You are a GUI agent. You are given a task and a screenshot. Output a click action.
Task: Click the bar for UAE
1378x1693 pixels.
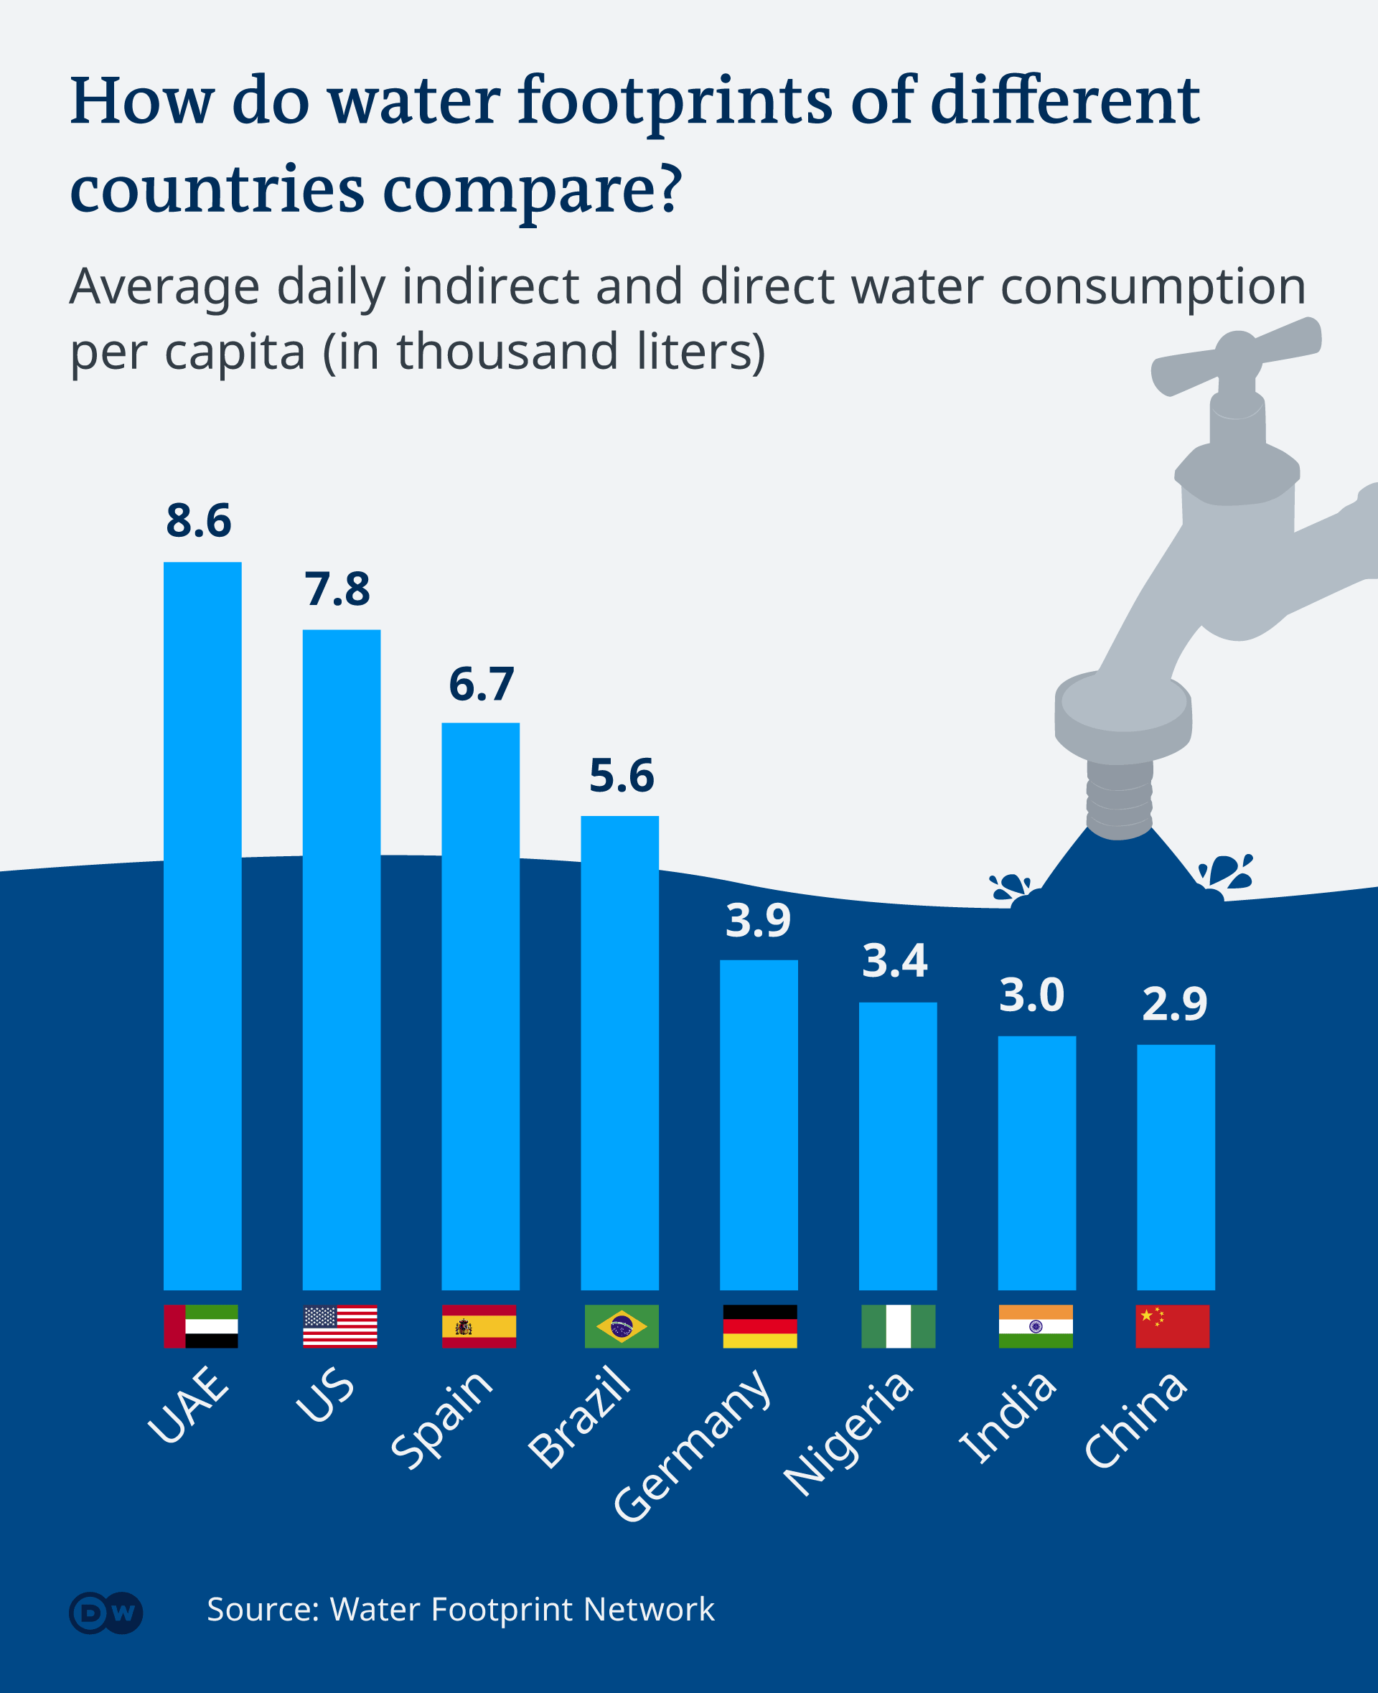[x=202, y=926]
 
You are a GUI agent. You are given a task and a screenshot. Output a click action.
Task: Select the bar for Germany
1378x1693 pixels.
[x=759, y=1125]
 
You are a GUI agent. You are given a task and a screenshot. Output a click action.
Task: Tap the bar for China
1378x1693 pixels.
[x=1176, y=1167]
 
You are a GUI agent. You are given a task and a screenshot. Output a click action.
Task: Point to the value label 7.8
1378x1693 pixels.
[x=337, y=590]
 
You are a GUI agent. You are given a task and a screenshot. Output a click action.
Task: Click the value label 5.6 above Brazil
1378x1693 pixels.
[x=621, y=776]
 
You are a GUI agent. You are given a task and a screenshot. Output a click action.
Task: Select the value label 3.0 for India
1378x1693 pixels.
[x=1031, y=995]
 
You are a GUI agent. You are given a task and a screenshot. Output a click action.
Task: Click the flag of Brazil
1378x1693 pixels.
[x=621, y=1326]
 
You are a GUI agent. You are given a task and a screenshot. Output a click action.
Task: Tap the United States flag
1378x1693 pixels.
[x=339, y=1326]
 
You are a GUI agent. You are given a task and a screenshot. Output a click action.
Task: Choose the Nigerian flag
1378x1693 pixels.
[x=898, y=1326]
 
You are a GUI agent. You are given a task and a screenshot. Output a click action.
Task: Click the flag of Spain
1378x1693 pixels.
[x=479, y=1326]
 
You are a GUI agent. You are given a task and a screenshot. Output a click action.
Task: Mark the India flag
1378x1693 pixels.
[x=1035, y=1326]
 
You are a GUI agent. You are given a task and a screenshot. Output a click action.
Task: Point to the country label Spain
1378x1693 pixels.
[x=442, y=1419]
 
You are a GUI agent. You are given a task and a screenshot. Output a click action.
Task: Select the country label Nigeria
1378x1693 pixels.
[x=848, y=1433]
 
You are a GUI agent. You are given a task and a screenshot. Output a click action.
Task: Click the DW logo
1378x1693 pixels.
[x=106, y=1613]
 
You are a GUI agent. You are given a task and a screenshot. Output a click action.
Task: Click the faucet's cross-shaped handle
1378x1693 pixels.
[x=1235, y=355]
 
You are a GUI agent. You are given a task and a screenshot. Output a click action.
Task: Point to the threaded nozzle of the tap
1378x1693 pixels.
[x=1119, y=799]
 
